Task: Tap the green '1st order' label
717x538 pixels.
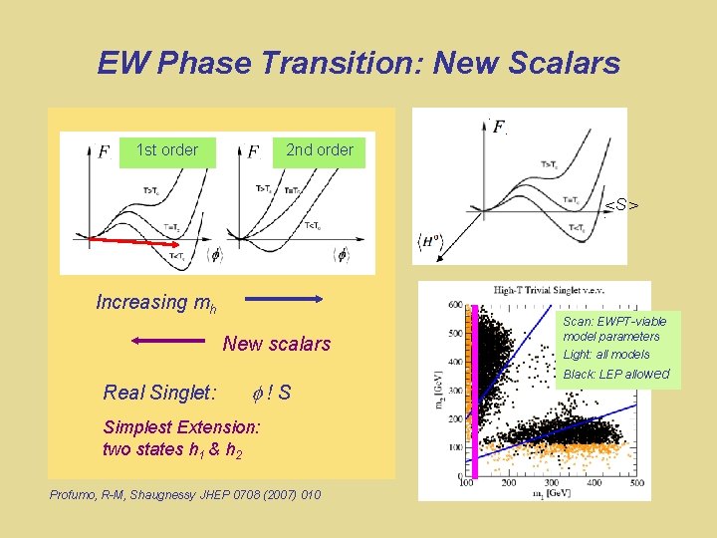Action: [x=166, y=150]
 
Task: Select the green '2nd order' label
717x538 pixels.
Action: [x=319, y=150]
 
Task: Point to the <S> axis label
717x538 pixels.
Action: [x=621, y=206]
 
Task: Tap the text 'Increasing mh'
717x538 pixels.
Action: [x=156, y=302]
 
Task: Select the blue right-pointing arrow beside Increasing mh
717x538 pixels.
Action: [x=284, y=298]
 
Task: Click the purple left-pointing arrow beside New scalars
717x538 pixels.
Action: [x=166, y=342]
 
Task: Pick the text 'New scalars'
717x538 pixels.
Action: [x=276, y=344]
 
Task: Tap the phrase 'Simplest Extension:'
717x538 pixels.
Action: [x=181, y=426]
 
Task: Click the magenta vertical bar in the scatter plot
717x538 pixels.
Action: [x=475, y=399]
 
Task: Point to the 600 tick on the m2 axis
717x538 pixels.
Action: [x=454, y=305]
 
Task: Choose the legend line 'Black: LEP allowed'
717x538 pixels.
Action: [x=616, y=375]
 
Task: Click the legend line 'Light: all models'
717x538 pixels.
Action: [x=606, y=355]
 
